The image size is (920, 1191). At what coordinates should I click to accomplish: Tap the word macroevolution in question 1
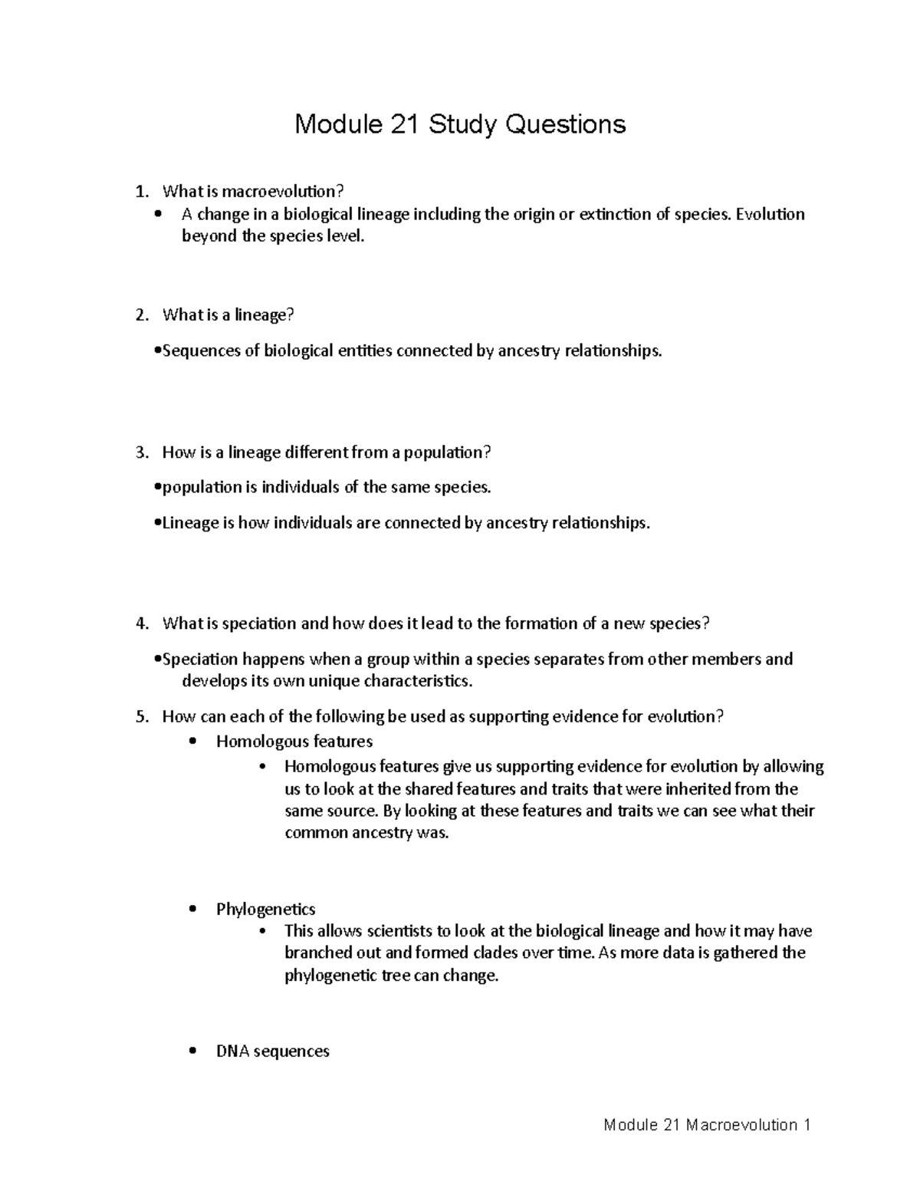278,191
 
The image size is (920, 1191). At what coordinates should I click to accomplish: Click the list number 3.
140,452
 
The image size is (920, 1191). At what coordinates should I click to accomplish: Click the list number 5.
140,717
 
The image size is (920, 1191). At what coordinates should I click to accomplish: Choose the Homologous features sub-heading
294,742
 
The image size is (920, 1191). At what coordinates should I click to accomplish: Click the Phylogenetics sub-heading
265,910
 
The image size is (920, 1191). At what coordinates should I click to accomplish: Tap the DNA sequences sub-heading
272,1051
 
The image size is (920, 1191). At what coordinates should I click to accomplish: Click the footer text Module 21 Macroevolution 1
707,1125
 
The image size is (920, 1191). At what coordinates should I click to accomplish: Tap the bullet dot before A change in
159,215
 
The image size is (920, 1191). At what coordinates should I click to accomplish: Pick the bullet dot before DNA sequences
192,1051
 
